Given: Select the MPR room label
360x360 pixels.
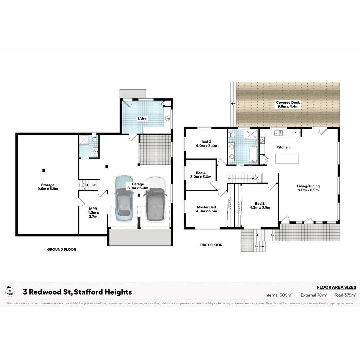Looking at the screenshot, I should click(90, 212).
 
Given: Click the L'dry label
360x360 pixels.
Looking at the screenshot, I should click(142, 118).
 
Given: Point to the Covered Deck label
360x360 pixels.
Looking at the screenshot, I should click(288, 104).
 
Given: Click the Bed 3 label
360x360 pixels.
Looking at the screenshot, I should click(206, 143).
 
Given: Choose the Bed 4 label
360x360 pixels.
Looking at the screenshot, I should click(201, 175).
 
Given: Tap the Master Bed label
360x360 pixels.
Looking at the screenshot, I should click(206, 209).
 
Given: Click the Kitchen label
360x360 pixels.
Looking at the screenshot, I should click(283, 147).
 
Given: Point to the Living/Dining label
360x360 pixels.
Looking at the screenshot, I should click(308, 188).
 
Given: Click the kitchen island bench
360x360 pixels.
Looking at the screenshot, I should click(287, 159).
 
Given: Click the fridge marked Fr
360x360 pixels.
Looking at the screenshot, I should click(295, 133).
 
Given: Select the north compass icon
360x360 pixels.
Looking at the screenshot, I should click(10, 292).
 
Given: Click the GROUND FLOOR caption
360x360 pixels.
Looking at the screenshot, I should click(61, 249).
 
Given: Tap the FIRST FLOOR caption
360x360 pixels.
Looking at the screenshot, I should click(211, 245).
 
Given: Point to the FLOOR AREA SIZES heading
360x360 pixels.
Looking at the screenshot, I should click(336, 287).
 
